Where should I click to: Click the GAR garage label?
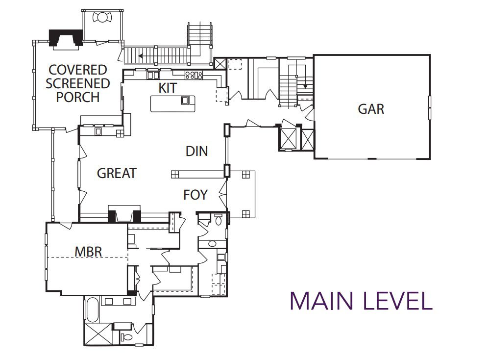click(371, 109)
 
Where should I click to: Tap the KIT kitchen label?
click(168, 88)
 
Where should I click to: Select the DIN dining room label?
click(196, 151)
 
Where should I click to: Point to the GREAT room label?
click(117, 173)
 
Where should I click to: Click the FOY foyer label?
click(195, 195)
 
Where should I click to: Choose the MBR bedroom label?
click(89, 252)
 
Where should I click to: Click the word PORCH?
click(77, 97)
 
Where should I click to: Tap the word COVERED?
click(77, 70)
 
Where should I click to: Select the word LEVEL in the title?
click(398, 301)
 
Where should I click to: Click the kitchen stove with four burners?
click(194, 75)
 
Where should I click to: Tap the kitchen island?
click(173, 103)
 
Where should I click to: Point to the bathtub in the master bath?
click(92, 310)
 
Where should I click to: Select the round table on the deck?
click(102, 17)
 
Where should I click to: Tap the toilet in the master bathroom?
click(127, 337)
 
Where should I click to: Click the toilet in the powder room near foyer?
click(219, 220)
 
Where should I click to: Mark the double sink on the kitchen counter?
click(153, 75)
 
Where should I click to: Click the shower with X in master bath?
click(98, 334)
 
